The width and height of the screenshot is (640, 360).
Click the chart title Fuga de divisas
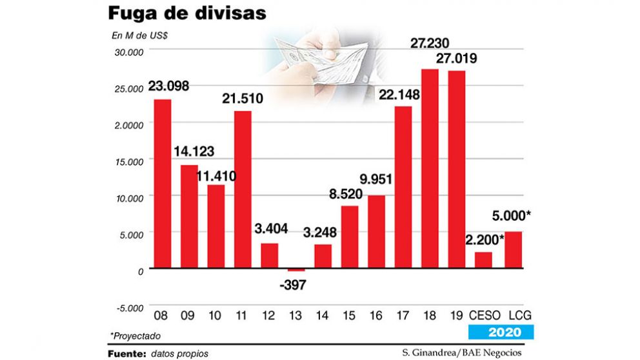pos(186,14)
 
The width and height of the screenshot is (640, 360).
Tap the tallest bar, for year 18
pos(430,168)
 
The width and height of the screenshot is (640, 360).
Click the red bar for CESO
pos(483,260)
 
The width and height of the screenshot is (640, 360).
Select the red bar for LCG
pos(513,250)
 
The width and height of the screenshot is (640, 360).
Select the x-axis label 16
pos(375,316)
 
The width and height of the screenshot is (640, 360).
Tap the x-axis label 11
pos(242,316)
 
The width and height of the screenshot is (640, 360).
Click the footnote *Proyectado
pos(135,335)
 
